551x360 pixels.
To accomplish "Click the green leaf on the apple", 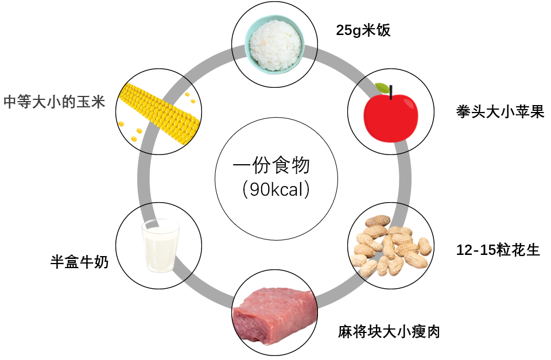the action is [382, 88].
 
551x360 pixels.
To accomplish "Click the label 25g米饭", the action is [363, 30].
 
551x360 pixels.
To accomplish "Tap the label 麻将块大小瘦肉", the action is [389, 331].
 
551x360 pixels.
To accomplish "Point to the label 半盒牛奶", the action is [79, 262].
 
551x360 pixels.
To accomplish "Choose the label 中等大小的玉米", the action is [55, 102].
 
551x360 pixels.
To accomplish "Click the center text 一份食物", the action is [271, 167].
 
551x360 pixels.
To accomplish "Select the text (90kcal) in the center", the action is [272, 189].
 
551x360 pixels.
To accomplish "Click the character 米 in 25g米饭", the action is [370, 30].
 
